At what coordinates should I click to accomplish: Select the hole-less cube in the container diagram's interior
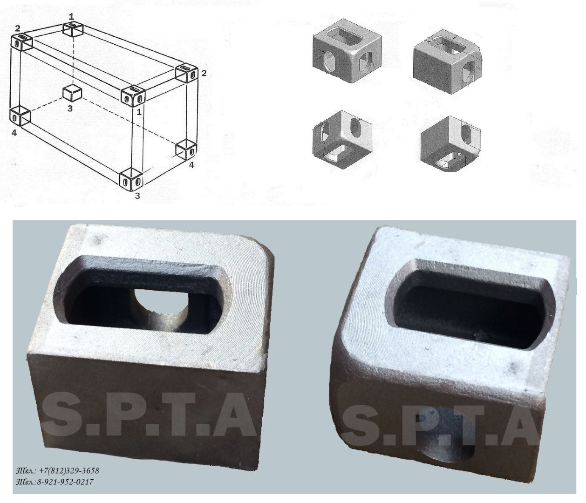(72, 94)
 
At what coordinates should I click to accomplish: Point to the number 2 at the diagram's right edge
(204, 73)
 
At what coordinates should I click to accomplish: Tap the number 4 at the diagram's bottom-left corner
(14, 133)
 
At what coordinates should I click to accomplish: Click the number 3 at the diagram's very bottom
(137, 195)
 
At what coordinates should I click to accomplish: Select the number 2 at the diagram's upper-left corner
(18, 28)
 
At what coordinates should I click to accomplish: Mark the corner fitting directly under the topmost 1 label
(74, 29)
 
